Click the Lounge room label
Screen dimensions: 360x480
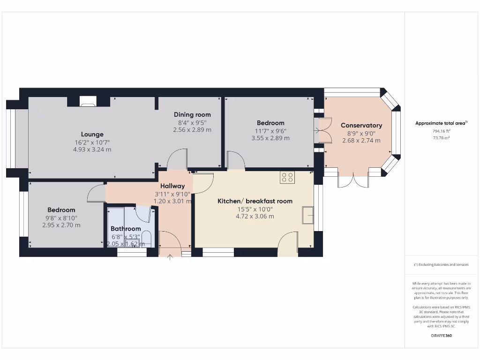(x=92, y=134)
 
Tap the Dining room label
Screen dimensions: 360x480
(x=192, y=114)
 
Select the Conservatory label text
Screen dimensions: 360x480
(x=361, y=125)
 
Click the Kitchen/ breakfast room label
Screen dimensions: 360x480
(x=255, y=201)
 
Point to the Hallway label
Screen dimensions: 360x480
(x=172, y=186)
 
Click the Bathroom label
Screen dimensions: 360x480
(x=126, y=229)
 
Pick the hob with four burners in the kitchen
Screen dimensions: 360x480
(x=287, y=177)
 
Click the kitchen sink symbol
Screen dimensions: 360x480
(x=308, y=215)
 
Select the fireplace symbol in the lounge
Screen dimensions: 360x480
(x=87, y=101)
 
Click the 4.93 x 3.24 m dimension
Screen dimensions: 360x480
(x=92, y=150)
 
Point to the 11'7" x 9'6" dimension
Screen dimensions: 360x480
(x=270, y=131)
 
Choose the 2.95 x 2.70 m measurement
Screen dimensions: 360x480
(x=61, y=225)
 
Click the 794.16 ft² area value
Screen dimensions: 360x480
(x=441, y=131)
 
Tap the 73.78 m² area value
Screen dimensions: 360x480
(x=441, y=138)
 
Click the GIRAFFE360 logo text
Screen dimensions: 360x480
(x=441, y=336)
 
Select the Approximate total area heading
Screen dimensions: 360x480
(x=441, y=123)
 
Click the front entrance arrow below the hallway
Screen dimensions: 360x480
(x=170, y=256)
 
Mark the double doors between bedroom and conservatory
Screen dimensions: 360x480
(x=323, y=130)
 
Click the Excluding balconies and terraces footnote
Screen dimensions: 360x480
(x=441, y=265)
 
